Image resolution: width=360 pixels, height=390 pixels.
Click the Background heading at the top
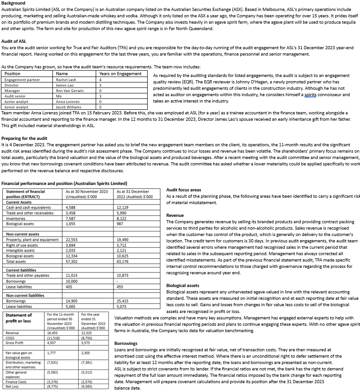pyautogui.click(x=13, y=3)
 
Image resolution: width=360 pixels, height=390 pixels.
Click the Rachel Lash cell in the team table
pyautogui.click(x=66, y=80)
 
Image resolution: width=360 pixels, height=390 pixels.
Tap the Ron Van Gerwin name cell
pyautogui.click(x=69, y=91)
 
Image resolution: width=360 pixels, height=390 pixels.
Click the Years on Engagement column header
pyautogui.click(x=120, y=73)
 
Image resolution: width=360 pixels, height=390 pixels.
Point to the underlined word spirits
pyautogui.click(x=310, y=95)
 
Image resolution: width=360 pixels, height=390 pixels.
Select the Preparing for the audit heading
pyautogui.click(x=24, y=138)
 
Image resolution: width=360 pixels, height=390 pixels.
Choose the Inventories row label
pyautogui.click(x=16, y=218)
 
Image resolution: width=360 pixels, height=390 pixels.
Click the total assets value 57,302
pyautogui.click(x=72, y=262)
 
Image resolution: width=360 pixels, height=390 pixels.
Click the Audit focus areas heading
pyautogui.click(x=184, y=190)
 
